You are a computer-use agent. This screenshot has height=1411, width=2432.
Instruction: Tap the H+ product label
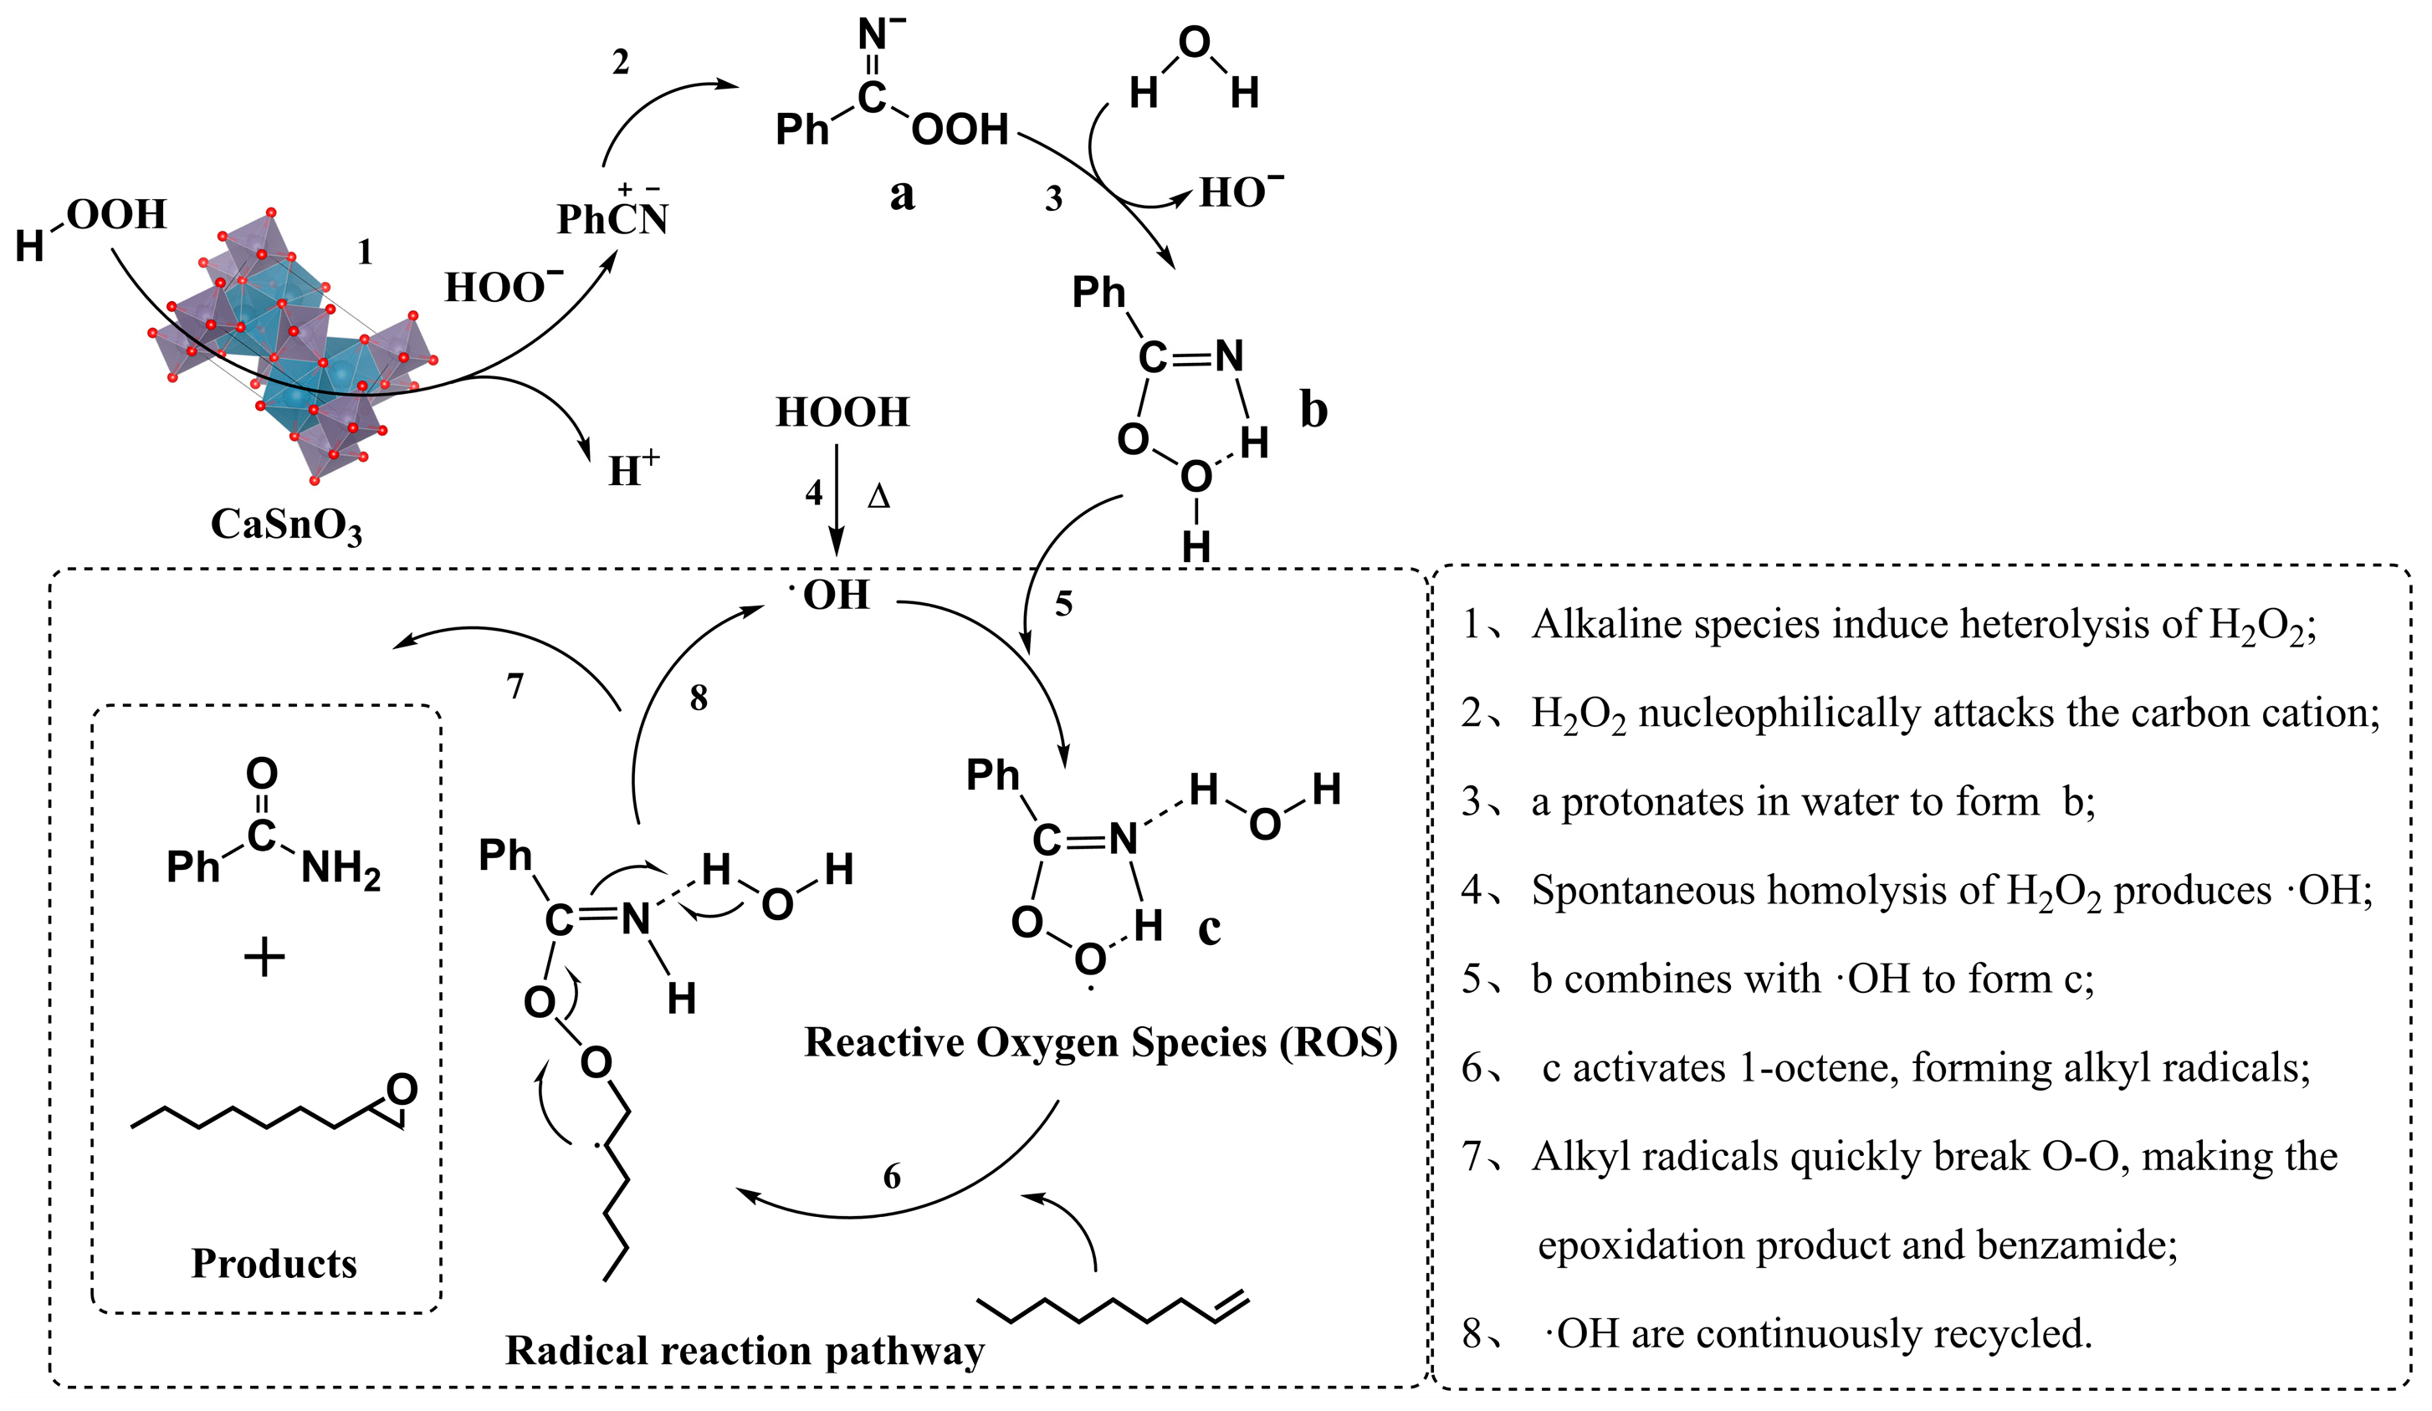click(633, 470)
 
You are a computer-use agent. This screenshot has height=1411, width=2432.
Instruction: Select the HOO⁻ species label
click(503, 287)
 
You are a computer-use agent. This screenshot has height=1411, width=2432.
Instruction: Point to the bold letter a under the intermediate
click(901, 195)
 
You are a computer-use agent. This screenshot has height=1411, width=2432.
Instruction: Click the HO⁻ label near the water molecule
click(1240, 192)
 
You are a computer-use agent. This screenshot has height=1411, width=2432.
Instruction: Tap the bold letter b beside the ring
click(1313, 409)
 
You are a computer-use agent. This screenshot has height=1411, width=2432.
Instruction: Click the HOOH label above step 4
click(842, 413)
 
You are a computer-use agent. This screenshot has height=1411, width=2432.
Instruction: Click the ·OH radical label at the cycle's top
click(832, 595)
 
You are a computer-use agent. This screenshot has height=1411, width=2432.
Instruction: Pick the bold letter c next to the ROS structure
click(1208, 929)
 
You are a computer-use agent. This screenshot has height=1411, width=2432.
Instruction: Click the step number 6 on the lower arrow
click(892, 1177)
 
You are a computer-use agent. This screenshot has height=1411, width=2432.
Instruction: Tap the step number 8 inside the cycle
click(699, 698)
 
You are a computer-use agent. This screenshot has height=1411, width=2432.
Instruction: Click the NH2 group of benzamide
click(340, 869)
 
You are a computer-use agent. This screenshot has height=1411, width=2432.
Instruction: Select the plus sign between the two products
click(264, 959)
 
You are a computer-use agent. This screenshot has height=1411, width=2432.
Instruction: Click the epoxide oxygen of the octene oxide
click(402, 1090)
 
